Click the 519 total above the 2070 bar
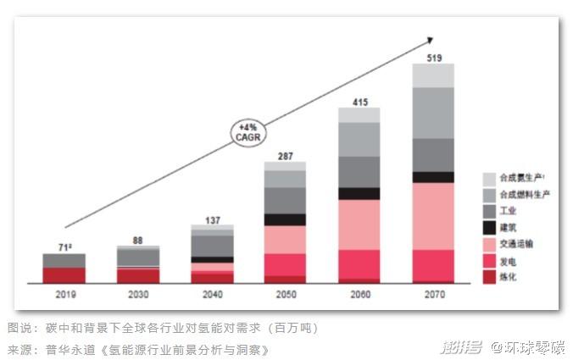[x=433, y=57]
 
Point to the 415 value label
[x=359, y=102]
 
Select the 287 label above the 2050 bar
[x=285, y=156]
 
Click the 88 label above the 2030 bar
[x=137, y=240]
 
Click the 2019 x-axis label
[x=64, y=294]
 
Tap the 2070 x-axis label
[x=433, y=294]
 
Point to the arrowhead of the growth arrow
[x=431, y=39]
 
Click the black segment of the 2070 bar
[x=433, y=177]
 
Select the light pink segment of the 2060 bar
[x=359, y=224]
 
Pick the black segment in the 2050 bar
[x=285, y=219]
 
